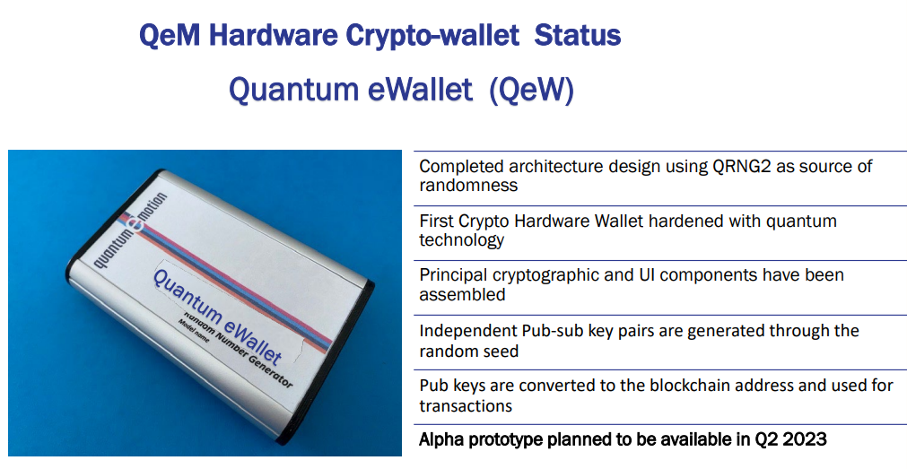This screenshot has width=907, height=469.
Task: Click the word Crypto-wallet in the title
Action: pos(432,36)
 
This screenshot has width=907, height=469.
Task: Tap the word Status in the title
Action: pos(577,35)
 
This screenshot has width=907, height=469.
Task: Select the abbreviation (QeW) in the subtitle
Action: pos(532,90)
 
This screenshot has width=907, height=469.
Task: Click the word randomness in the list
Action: pos(468,185)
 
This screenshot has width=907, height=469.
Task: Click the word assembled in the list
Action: pos(462,294)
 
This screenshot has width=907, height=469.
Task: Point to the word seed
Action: pos(499,351)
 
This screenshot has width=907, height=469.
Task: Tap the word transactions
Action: pos(466,406)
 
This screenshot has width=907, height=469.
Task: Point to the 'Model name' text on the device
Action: pos(193,330)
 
